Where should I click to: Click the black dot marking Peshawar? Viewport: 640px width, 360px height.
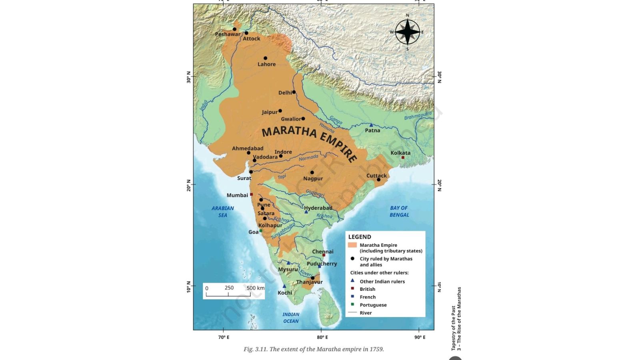(x=235, y=29)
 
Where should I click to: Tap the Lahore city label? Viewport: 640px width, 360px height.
(x=266, y=64)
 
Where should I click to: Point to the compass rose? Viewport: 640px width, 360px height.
(x=407, y=32)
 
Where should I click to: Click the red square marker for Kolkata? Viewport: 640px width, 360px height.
(x=403, y=158)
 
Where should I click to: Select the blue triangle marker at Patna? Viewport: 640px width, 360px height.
(x=371, y=125)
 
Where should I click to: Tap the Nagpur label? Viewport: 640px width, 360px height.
(x=313, y=178)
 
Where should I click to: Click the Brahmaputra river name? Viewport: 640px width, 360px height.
(x=418, y=116)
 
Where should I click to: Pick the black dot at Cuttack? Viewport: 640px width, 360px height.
(x=378, y=180)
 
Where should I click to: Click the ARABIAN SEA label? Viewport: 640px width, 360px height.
(x=223, y=212)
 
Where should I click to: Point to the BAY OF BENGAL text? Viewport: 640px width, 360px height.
(x=399, y=211)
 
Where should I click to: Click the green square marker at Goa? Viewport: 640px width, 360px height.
(x=261, y=231)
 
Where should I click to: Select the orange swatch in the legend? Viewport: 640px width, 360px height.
(x=352, y=245)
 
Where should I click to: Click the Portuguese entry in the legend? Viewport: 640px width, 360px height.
(x=373, y=305)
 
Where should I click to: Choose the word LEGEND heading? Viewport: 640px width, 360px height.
(x=360, y=237)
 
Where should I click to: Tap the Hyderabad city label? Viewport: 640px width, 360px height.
(x=318, y=208)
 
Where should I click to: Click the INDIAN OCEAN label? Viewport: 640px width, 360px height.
(x=291, y=318)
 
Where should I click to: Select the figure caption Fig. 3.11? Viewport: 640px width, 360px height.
(x=314, y=349)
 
